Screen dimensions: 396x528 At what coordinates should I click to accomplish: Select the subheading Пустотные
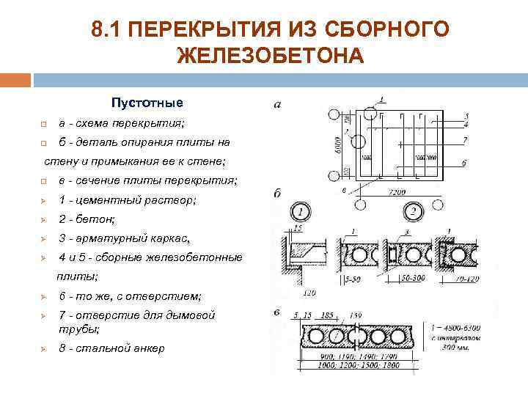pos(147,102)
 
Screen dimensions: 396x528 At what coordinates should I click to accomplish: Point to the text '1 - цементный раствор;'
pos(127,199)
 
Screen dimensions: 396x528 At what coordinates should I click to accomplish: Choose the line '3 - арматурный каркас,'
pos(124,238)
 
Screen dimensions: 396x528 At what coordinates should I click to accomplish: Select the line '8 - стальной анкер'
pos(111,348)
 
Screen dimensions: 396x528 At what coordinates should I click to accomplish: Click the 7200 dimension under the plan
pos(397,191)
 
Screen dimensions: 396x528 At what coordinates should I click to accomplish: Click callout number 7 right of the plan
pos(466,139)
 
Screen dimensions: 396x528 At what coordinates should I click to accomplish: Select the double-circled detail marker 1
pos(301,213)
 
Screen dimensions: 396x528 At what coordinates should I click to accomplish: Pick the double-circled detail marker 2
pos(414,213)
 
